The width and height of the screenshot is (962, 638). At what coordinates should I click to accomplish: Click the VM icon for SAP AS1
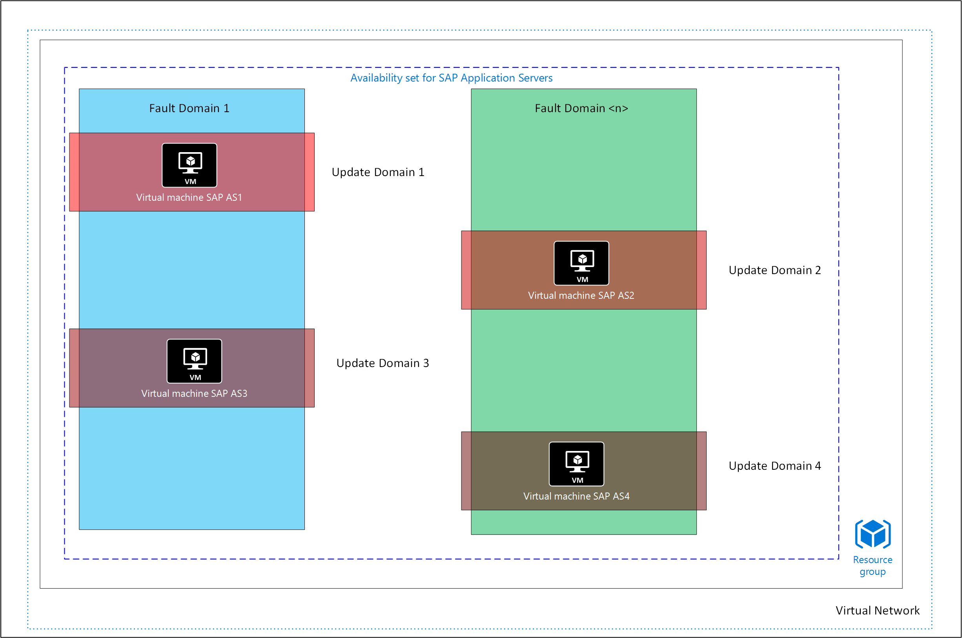pos(189,165)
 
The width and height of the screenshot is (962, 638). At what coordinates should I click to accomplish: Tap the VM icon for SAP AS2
pos(581,263)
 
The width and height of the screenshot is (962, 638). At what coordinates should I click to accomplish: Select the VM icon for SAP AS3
pos(194,361)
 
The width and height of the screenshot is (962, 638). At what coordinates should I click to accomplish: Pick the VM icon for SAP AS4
pos(576,464)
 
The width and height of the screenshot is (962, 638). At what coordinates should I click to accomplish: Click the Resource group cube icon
pos(873,534)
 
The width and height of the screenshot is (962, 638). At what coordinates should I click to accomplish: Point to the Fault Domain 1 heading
pos(189,108)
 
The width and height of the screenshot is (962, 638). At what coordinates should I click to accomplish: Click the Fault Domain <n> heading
pos(581,108)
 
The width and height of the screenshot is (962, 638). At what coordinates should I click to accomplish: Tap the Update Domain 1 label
pos(378,172)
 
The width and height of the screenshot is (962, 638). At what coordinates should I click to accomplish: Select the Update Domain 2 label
pos(775,270)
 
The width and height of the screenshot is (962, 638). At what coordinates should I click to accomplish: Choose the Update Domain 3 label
pos(383,363)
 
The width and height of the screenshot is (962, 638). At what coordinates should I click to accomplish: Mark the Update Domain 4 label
pos(775,466)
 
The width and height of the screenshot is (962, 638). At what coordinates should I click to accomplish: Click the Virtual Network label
pos(877,611)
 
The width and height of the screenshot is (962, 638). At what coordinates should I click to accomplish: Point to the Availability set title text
pos(452,78)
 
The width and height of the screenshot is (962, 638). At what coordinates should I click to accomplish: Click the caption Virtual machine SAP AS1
pos(189,197)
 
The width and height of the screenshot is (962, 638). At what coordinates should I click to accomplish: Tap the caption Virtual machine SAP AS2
pos(581,295)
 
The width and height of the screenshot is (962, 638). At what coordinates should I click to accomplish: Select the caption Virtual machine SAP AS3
pos(194,393)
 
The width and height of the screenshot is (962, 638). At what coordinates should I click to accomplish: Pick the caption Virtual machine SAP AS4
pos(576,496)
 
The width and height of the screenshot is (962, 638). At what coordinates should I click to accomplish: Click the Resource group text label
pos(873,566)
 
